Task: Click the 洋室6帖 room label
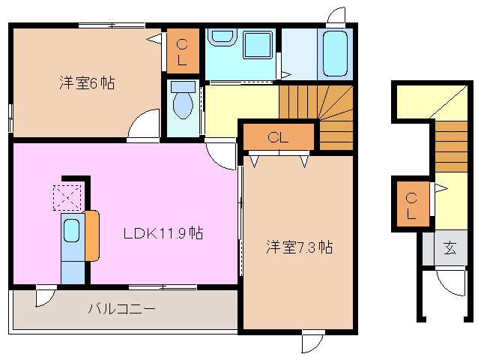tap(87, 83)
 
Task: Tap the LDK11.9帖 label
tap(163, 233)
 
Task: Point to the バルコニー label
tap(122, 308)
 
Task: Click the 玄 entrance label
tap(450, 248)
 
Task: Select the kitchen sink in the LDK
tap(72, 231)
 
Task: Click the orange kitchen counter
tap(92, 235)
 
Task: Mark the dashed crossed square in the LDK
tap(66, 196)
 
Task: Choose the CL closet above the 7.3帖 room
tap(278, 137)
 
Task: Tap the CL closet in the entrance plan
tap(412, 204)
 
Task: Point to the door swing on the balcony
tap(44, 297)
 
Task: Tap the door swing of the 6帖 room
tap(145, 125)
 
